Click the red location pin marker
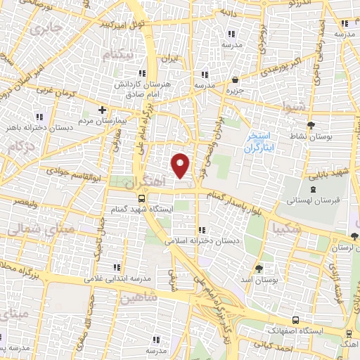click(181, 164)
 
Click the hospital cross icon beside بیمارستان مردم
click(103, 110)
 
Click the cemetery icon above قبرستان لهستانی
click(313, 188)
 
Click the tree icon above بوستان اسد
click(259, 269)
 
